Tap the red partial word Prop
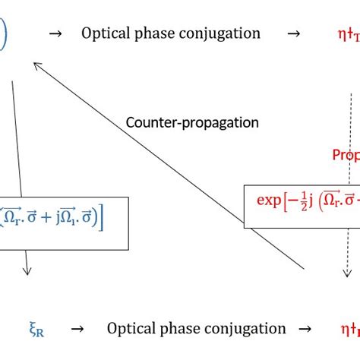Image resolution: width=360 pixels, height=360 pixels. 346,155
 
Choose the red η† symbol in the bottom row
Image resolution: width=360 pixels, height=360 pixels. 346,329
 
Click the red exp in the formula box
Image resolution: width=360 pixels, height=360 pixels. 269,201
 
